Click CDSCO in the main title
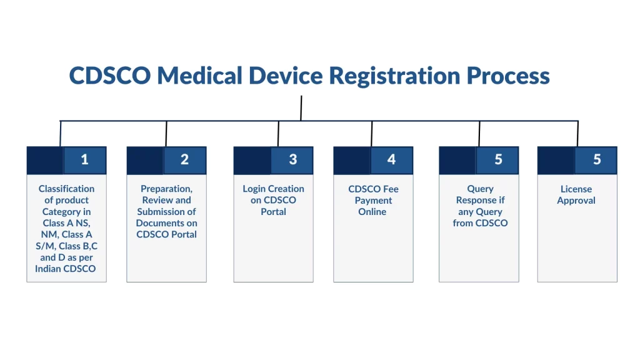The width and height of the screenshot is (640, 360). (109, 76)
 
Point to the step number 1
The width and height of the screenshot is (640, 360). (84, 160)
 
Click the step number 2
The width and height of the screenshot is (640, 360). (184, 160)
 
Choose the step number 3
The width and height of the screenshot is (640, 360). (292, 160)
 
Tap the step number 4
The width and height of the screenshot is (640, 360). (391, 160)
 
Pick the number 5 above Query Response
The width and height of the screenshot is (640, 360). (498, 160)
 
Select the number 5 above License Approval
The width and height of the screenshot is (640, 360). (597, 160)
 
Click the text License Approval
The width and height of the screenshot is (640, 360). (576, 194)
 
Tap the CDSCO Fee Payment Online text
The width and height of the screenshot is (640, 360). (373, 200)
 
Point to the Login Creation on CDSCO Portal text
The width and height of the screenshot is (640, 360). (273, 200)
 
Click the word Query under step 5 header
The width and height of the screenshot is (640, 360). (480, 189)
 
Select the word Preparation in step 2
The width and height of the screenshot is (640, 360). (166, 189)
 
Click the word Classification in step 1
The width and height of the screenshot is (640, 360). (66, 189)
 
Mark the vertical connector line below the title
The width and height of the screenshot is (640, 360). (301, 107)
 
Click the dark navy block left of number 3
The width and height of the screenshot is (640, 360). (252, 160)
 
